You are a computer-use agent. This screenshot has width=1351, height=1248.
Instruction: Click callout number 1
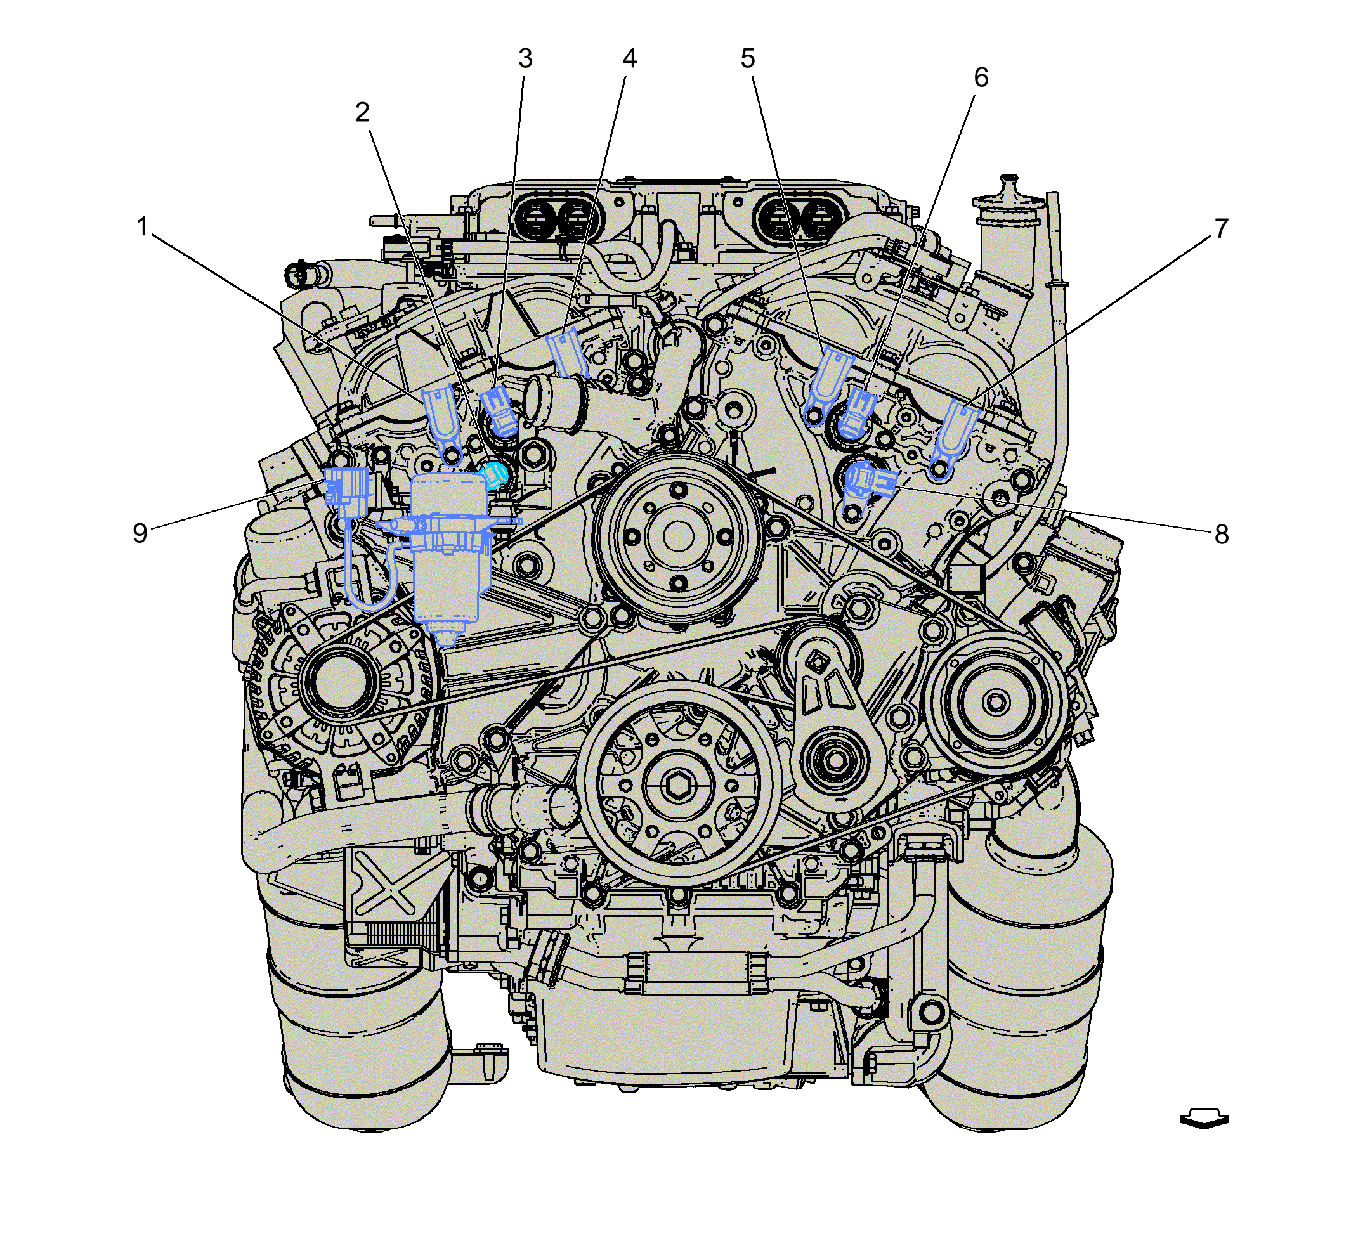(142, 226)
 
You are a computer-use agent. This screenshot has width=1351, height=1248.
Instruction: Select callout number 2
(363, 112)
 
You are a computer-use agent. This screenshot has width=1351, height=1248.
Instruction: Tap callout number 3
(526, 59)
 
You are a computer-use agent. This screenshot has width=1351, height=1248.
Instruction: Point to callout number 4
(630, 59)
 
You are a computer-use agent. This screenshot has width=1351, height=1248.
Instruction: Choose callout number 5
(747, 59)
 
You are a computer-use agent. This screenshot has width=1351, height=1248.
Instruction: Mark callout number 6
(981, 77)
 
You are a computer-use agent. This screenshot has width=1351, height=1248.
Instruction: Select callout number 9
(140, 533)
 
